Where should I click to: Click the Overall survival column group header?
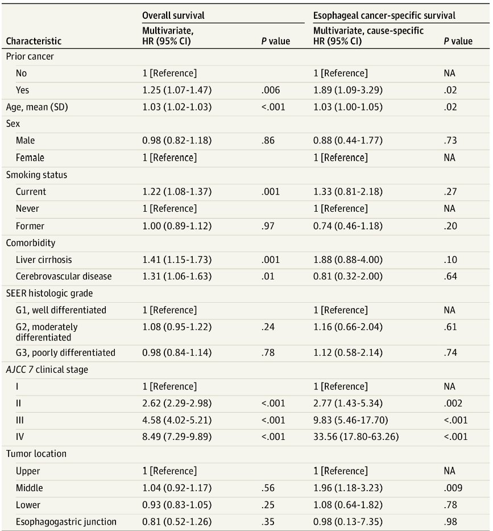(x=173, y=16)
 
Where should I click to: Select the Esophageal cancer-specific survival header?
(x=384, y=16)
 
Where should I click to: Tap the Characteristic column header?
(x=34, y=41)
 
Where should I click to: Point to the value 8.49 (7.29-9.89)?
(x=177, y=437)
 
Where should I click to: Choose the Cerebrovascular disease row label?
(x=64, y=277)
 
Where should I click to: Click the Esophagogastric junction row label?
(x=66, y=522)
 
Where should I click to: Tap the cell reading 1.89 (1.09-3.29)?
(x=348, y=90)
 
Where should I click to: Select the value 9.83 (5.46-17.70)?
(x=349, y=420)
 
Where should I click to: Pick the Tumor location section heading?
(x=36, y=454)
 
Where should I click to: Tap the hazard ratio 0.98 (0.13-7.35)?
(x=348, y=522)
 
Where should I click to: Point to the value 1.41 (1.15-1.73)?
(x=177, y=260)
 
